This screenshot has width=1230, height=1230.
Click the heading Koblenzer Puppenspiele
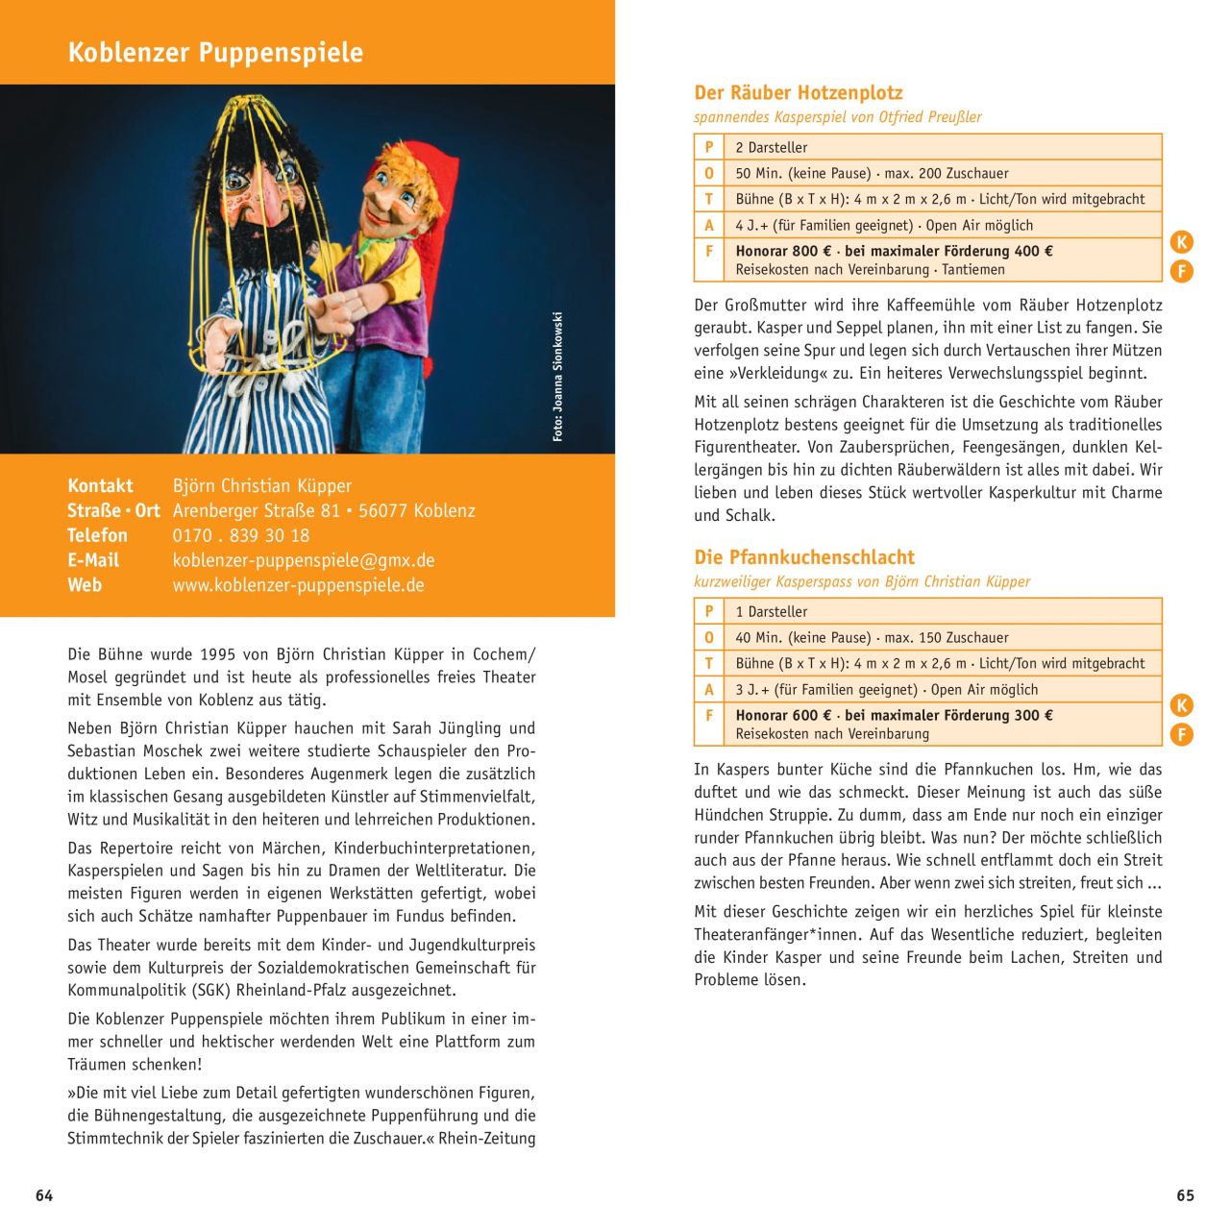215,52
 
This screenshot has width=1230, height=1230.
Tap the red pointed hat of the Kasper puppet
423,173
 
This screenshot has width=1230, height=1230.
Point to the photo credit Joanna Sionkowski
557,377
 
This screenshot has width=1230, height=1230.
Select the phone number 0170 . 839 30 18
240,535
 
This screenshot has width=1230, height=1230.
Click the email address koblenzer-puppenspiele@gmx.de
304,560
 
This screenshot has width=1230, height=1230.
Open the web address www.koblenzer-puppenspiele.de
298,585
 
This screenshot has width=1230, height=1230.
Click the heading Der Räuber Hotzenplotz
799,93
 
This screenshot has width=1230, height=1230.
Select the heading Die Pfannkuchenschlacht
804,557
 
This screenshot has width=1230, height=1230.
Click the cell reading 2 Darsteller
772,147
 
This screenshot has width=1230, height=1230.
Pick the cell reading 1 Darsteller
772,611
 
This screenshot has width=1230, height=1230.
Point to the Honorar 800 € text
776,251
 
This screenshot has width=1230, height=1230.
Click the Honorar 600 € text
776,715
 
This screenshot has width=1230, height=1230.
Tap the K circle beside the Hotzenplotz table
1182,242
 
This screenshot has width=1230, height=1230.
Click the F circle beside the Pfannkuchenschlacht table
1182,735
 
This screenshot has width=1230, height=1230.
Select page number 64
44,1195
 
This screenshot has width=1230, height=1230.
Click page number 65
1185,1195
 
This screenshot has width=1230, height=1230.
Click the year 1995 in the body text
219,654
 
